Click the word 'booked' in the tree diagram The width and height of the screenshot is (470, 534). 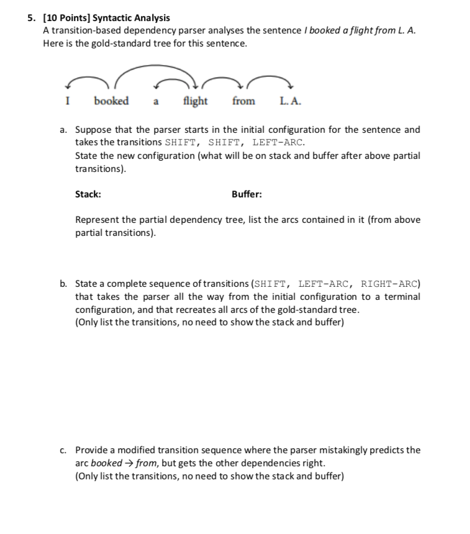(x=111, y=101)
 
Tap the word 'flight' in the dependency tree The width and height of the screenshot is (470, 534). (x=196, y=101)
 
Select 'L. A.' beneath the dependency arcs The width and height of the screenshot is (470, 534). (x=291, y=101)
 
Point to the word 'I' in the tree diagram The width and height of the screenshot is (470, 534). (x=68, y=101)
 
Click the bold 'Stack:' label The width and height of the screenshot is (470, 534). (x=88, y=194)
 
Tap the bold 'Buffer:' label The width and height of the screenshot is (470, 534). (x=246, y=194)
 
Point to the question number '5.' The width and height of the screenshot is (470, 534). (x=32, y=18)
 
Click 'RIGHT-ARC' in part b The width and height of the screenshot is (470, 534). (x=390, y=284)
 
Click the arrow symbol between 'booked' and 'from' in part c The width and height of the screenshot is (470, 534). (x=131, y=463)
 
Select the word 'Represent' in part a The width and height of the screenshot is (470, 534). (x=95, y=220)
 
